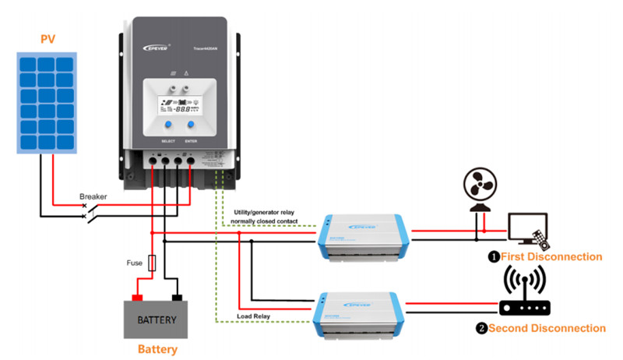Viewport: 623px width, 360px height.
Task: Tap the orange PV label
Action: coord(48,38)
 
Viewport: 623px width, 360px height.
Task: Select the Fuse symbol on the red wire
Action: coord(152,263)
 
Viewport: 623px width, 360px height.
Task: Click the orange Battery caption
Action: coord(157,350)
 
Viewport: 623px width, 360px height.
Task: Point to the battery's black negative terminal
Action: coord(178,297)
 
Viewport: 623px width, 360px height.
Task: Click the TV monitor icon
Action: coord(526,231)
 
